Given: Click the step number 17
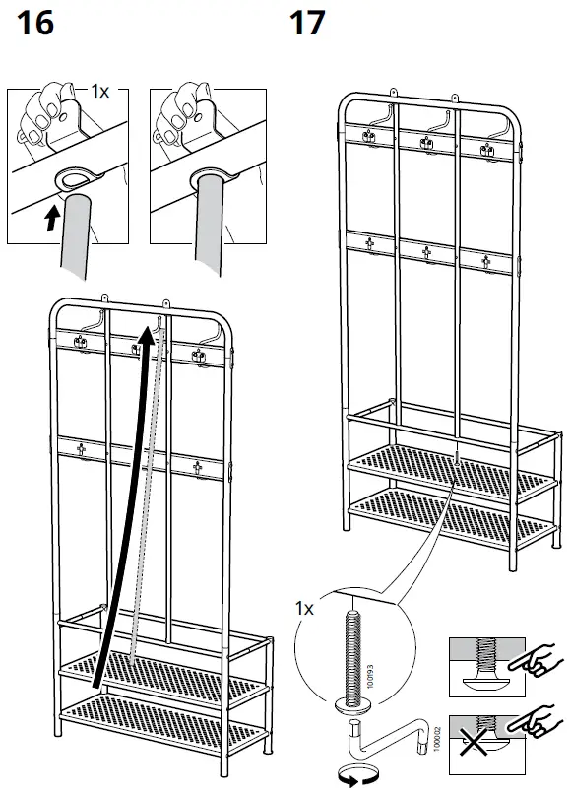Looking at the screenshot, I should coord(307,22).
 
